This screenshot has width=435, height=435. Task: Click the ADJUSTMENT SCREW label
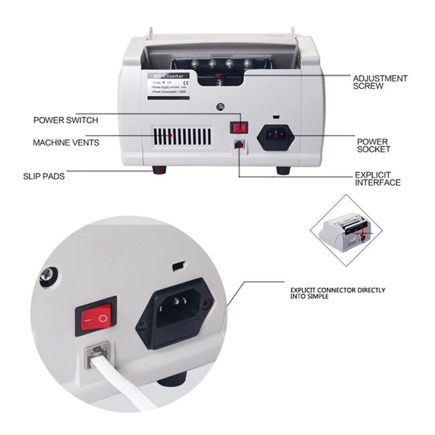[x=380, y=82]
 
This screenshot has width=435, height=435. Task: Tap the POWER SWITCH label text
[x=66, y=120]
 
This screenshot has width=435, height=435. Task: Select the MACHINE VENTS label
[x=66, y=142]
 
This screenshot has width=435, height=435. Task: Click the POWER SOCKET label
[x=373, y=145]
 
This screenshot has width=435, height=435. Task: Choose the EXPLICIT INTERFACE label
[x=378, y=179]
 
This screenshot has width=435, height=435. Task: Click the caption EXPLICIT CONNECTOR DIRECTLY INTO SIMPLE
[x=338, y=293]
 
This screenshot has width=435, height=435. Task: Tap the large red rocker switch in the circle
[x=96, y=317]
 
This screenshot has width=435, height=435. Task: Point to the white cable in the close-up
[x=122, y=383]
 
